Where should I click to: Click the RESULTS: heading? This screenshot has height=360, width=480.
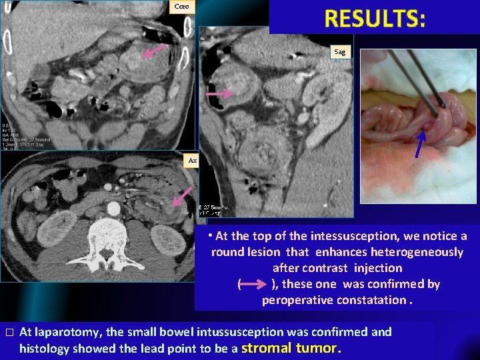[375, 18]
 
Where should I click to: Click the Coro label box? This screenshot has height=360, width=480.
[181, 7]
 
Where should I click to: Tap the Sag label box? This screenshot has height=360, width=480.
[341, 51]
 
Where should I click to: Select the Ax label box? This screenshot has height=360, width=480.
[193, 161]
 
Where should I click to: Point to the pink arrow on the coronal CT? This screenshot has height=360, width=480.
[156, 51]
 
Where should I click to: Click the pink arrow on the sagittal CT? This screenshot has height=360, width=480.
[219, 95]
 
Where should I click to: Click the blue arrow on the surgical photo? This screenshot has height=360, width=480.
[417, 145]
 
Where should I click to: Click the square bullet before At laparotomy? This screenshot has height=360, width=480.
[7, 332]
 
